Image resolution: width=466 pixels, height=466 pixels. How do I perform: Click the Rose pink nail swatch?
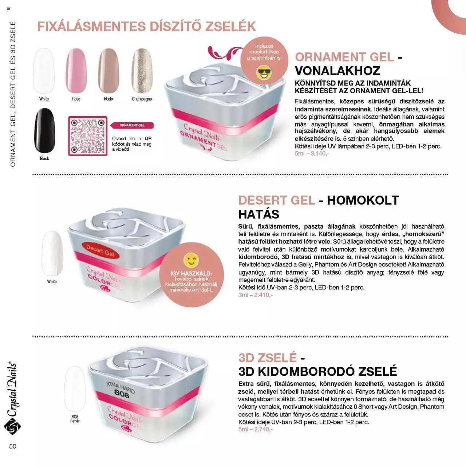pos(76,71)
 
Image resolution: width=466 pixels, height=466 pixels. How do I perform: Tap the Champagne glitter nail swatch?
pos(142,71)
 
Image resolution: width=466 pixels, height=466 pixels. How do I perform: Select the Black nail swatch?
pos(45,131)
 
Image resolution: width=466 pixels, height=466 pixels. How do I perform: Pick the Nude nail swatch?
pos(108,71)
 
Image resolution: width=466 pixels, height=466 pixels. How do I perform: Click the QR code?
pos(88,136)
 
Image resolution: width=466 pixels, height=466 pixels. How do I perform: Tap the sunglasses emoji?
pos(264,72)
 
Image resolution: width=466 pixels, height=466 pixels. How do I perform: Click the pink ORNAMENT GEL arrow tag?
pos(132,125)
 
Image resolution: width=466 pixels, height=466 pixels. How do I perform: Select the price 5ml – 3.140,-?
pos(312,154)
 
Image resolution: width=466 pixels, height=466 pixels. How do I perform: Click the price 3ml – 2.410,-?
pos(255,295)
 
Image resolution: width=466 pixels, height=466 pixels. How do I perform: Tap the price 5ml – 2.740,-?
pos(255,429)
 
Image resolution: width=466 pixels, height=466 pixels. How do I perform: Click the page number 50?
pos(13,446)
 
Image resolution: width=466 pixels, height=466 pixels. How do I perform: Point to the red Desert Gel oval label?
pos(100,250)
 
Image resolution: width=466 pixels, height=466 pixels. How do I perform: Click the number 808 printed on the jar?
pos(122,394)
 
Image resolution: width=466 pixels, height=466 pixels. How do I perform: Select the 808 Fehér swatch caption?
pos(75,419)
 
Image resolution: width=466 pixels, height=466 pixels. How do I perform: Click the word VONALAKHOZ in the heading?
pos(337,71)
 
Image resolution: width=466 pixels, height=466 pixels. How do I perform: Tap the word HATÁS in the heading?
pos(259,214)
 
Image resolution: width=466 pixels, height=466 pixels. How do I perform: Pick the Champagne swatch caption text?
pos(142,99)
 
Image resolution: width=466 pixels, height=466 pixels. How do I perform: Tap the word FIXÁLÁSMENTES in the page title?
pos(92,26)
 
